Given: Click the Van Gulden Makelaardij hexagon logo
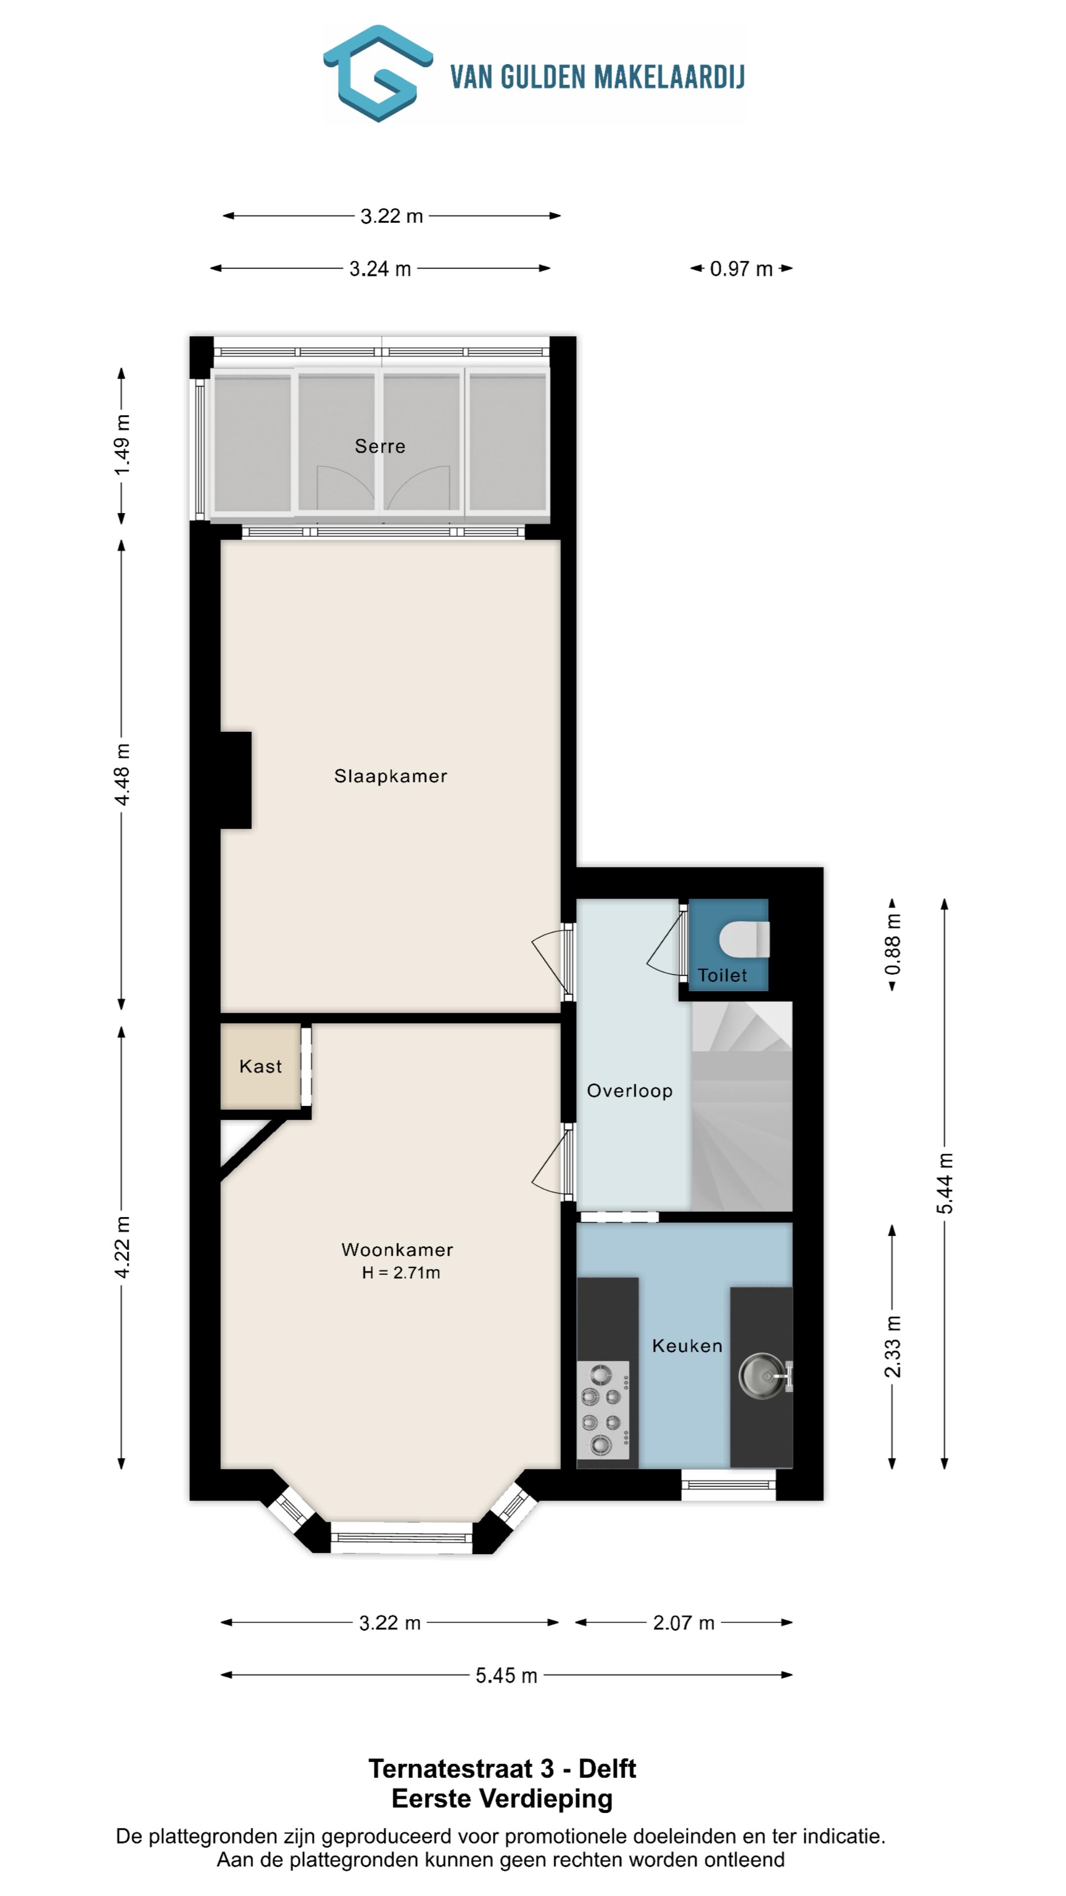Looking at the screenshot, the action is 378,74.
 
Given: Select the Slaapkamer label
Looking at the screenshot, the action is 391,776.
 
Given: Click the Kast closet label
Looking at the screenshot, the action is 261,1066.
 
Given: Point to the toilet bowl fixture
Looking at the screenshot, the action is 744,940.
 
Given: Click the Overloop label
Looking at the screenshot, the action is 630,1091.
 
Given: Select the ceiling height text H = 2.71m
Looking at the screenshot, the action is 401,1272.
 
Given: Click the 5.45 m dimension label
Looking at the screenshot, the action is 506,1675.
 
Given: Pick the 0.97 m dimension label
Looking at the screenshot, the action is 741,269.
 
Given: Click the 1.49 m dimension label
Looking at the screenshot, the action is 122,444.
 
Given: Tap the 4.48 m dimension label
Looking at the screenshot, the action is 122,774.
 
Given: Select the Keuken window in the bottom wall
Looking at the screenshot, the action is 728,1485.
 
